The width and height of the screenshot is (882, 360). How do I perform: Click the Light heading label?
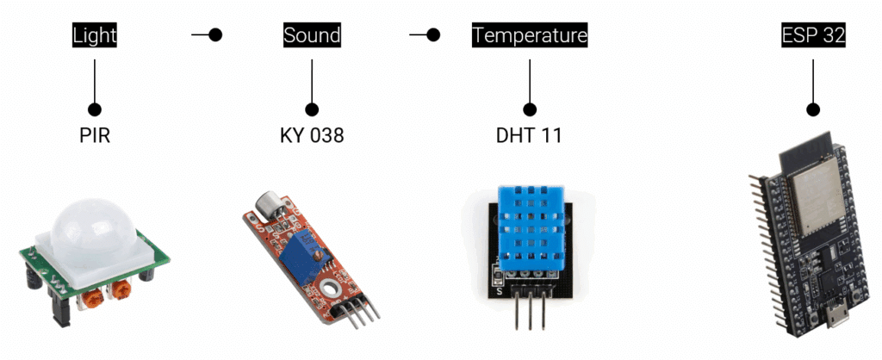point(95,35)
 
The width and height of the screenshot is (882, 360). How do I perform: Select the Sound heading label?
point(312,35)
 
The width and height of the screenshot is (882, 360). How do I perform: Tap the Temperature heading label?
point(530,35)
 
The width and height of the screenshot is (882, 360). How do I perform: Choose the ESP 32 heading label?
point(812,35)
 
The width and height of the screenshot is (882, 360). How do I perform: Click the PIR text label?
point(95,136)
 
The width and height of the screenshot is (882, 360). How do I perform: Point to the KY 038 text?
point(312,136)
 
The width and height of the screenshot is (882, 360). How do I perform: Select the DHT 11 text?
point(530,136)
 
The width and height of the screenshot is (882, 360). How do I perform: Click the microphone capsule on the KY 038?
point(262,205)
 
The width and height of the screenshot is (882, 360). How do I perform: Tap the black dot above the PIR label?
point(95,109)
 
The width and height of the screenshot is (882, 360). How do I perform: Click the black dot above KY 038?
point(312,109)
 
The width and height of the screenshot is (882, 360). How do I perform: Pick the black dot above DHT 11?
point(530,109)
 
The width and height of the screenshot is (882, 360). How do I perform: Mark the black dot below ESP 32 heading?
point(812,109)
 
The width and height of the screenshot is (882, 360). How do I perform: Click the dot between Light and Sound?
point(216,35)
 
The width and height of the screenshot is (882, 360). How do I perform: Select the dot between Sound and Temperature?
point(433,35)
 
